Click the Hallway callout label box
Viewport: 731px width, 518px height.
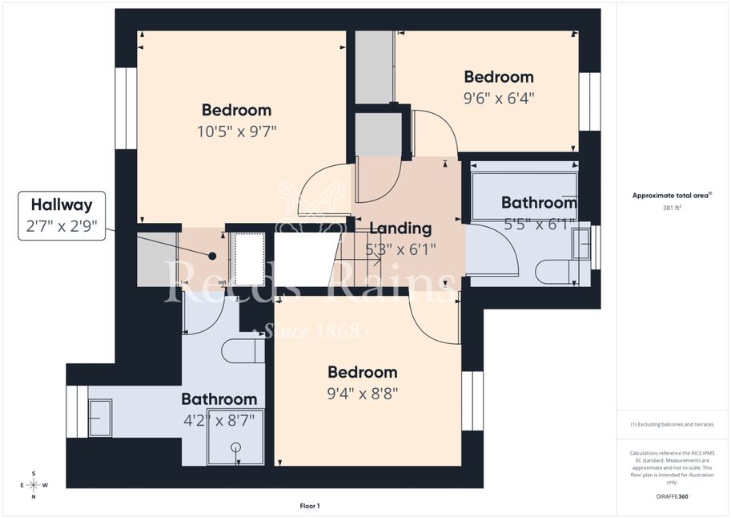click(x=62, y=216)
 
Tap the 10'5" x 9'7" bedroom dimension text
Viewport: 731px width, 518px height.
click(x=236, y=132)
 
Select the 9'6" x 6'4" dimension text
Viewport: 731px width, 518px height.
click(x=498, y=98)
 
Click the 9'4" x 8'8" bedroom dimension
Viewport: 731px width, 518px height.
click(x=362, y=394)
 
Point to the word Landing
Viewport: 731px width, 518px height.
click(x=400, y=228)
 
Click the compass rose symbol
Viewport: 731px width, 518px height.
click(x=34, y=485)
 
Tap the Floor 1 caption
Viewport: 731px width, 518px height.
click(x=310, y=506)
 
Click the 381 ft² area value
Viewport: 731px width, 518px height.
click(x=672, y=208)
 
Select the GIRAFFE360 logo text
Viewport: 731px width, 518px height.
click(x=672, y=496)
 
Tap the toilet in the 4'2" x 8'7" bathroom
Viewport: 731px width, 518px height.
click(x=243, y=350)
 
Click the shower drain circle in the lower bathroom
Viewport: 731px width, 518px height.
click(x=237, y=447)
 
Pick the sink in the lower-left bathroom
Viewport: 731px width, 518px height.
click(x=100, y=418)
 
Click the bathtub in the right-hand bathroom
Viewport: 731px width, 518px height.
click(x=524, y=196)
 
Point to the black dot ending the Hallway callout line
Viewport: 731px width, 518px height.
click(x=212, y=256)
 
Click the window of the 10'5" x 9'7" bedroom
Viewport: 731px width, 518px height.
click(x=126, y=108)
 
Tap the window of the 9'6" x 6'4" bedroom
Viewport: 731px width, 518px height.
click(x=590, y=101)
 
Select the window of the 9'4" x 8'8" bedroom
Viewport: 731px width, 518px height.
click(x=472, y=401)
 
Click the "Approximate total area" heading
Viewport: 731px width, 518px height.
click(x=672, y=196)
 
